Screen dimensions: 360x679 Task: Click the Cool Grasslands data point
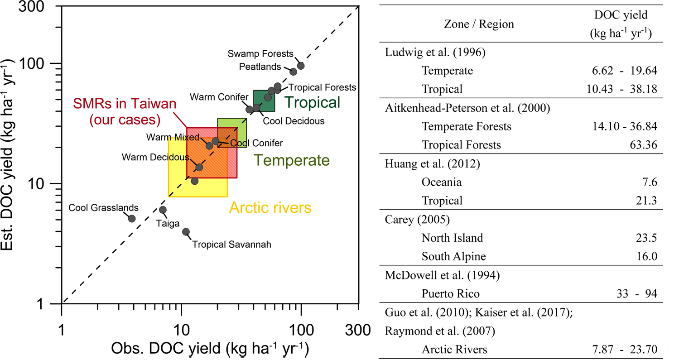[x=132, y=219]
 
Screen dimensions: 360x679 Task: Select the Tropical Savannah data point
[x=186, y=232]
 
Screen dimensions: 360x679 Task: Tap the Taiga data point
[x=163, y=210]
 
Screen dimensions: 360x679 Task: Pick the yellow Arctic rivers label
[x=270, y=208]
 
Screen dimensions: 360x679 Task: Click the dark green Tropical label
[x=313, y=102]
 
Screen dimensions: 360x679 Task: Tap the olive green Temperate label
[x=291, y=160]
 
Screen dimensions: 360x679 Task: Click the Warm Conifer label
[x=219, y=96]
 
